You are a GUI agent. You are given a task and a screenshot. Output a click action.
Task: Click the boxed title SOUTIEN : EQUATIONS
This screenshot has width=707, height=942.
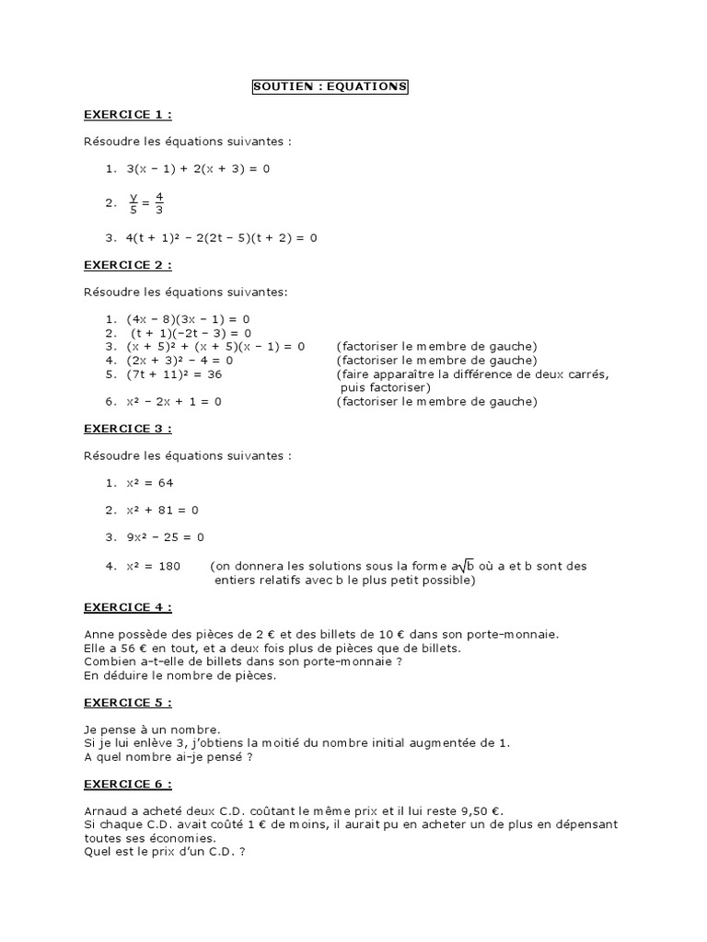click(330, 87)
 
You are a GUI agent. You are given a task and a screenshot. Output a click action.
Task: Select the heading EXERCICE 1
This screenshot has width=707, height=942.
click(127, 114)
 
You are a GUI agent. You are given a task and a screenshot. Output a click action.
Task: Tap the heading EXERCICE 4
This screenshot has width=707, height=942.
click(127, 607)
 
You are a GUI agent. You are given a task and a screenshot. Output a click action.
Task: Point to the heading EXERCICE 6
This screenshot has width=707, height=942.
click(127, 784)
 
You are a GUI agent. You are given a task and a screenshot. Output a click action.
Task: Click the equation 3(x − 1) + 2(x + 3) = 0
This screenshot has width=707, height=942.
click(198, 168)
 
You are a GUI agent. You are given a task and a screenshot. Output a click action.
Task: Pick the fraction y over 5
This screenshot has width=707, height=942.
click(133, 202)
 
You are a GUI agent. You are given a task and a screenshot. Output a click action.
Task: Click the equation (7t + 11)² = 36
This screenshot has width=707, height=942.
click(174, 374)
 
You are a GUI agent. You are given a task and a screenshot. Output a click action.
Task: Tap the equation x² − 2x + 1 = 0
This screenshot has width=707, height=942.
click(174, 401)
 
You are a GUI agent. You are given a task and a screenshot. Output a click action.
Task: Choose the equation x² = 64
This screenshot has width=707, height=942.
click(150, 483)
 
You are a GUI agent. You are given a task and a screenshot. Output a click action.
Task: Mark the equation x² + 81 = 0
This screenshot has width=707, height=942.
click(163, 510)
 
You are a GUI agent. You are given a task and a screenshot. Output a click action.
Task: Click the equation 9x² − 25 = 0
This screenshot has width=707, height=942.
click(166, 537)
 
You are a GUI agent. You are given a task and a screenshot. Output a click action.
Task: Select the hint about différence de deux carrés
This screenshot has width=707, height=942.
click(473, 374)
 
